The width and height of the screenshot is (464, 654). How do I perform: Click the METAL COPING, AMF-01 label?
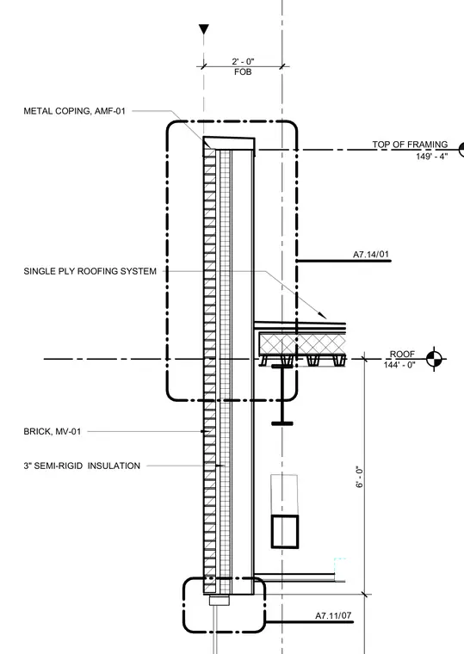(74, 111)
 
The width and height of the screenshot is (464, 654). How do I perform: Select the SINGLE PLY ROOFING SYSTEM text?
(90, 271)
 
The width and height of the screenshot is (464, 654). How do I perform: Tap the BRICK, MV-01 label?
(53, 431)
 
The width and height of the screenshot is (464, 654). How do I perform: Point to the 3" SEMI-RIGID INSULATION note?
(82, 466)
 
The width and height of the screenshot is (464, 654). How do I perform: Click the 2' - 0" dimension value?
(243, 61)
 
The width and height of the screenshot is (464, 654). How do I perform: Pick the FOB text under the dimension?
(243, 71)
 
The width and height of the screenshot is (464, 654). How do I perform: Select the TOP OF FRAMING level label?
(410, 145)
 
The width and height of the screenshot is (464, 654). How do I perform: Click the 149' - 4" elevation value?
(431, 156)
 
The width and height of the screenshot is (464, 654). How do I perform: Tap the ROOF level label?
(402, 354)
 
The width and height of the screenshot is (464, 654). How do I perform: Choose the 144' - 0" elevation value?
(399, 365)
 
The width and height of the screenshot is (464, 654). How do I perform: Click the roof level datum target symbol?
(435, 358)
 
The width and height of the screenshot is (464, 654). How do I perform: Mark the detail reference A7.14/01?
(371, 254)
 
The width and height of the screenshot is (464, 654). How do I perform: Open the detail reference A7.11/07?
(333, 615)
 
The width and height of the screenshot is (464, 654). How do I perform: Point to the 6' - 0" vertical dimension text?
(360, 477)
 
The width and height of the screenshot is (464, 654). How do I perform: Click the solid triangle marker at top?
(204, 29)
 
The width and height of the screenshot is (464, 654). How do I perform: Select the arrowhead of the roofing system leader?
(322, 315)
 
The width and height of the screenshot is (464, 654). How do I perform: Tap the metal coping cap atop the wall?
(229, 144)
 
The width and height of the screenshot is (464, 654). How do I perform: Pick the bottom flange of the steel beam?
(282, 423)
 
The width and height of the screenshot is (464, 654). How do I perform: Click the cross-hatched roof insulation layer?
(302, 343)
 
